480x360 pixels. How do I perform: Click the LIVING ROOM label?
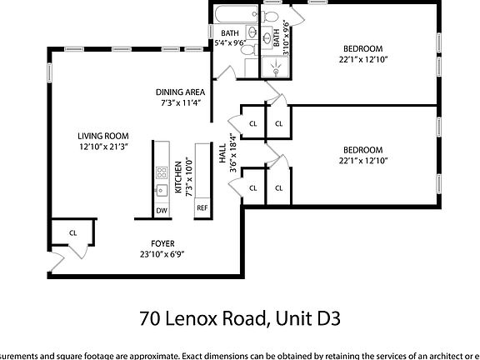[102, 136]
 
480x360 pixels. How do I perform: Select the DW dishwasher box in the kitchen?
[162, 210]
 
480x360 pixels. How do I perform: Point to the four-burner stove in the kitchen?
[162, 174]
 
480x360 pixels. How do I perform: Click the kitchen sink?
[162, 191]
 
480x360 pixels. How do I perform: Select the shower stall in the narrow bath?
[275, 67]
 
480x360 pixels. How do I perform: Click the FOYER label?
[162, 243]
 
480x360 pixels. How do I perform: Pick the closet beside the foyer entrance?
[72, 233]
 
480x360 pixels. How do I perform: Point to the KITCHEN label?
[178, 177]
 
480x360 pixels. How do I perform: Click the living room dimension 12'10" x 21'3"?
[102, 147]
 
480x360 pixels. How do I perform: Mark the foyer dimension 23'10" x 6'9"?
[162, 253]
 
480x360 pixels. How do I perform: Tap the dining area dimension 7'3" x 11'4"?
[181, 102]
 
